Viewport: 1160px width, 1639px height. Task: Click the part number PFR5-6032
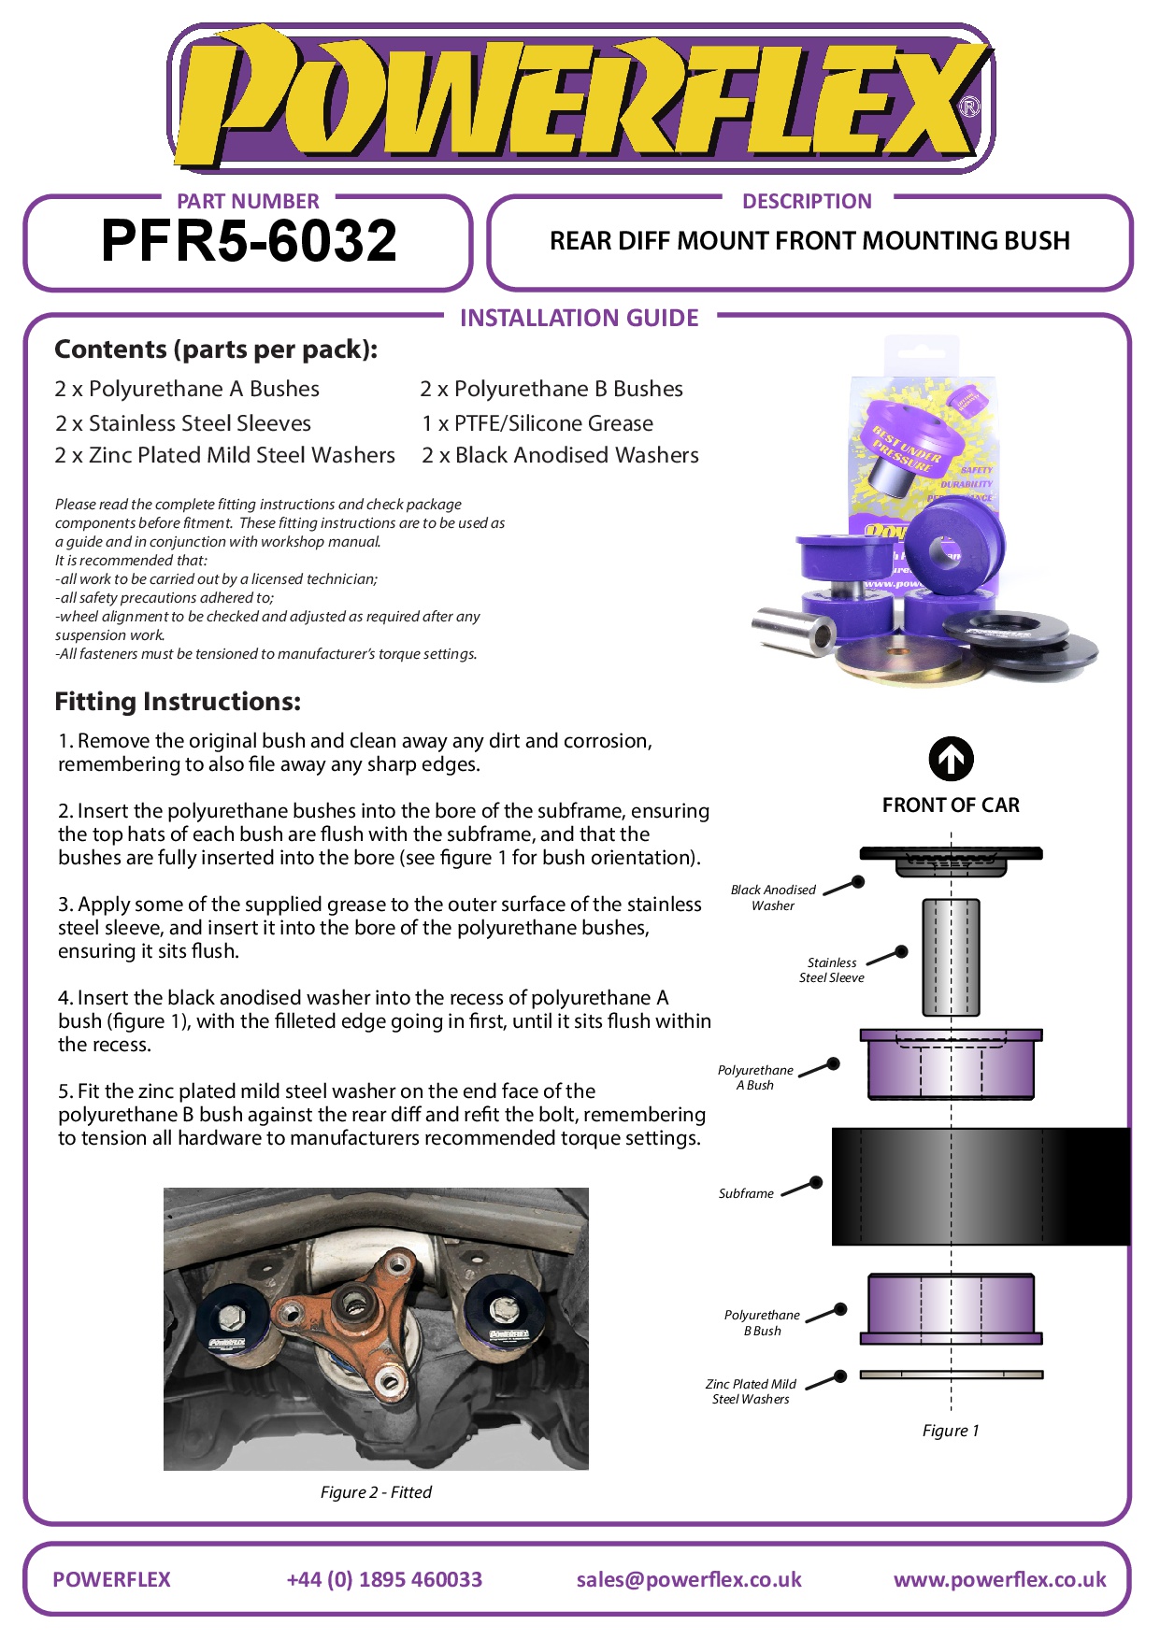(249, 241)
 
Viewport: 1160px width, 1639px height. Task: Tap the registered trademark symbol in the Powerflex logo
(970, 107)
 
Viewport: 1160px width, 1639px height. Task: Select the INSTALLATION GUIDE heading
(579, 319)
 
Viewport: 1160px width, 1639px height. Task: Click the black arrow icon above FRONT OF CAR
(951, 759)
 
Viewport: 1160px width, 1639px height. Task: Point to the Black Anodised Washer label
(773, 898)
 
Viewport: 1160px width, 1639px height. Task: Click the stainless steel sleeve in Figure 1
(951, 957)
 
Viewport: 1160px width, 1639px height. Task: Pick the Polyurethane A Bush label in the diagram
(755, 1077)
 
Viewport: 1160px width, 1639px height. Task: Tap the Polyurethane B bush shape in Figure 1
(951, 1307)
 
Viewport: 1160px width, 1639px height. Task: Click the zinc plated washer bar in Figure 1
(951, 1375)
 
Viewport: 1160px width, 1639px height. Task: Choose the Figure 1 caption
(951, 1431)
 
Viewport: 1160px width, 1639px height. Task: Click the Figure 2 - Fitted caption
(376, 1492)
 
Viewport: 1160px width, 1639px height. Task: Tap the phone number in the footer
(384, 1579)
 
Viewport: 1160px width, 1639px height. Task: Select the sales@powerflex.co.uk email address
(689, 1579)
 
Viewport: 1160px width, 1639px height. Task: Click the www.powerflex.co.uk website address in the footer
(999, 1579)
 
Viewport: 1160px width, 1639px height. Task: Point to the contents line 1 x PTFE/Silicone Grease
(537, 423)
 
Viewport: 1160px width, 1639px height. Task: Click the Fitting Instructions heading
(178, 702)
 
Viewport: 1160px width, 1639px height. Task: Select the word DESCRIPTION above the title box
(807, 201)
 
